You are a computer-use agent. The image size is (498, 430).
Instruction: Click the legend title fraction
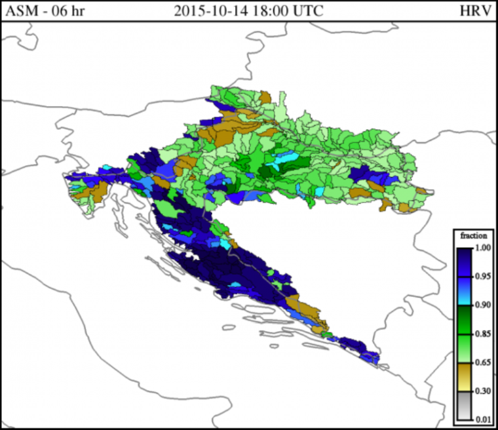point(472,235)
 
